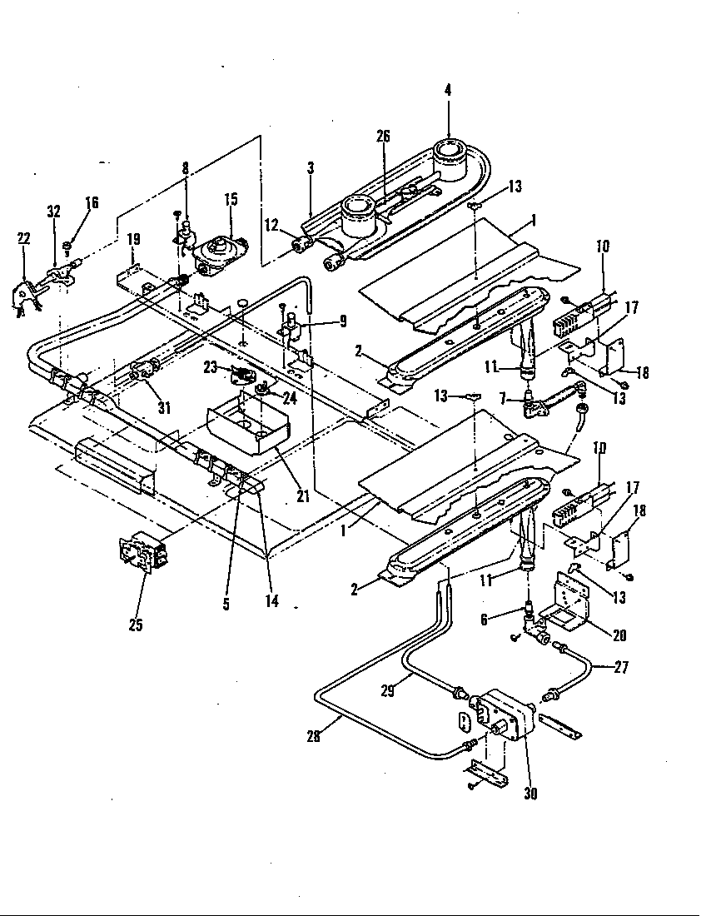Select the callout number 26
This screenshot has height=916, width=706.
coord(383,137)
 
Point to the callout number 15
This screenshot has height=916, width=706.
coord(230,199)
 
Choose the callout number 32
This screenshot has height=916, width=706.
coord(54,212)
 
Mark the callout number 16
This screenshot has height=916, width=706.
coord(92,202)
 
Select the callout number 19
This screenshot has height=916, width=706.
coord(132,240)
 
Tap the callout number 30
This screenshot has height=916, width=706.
coord(530,794)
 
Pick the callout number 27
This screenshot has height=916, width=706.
coord(620,666)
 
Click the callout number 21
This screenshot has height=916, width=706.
coord(303,496)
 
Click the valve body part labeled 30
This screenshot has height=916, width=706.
coord(500,714)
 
